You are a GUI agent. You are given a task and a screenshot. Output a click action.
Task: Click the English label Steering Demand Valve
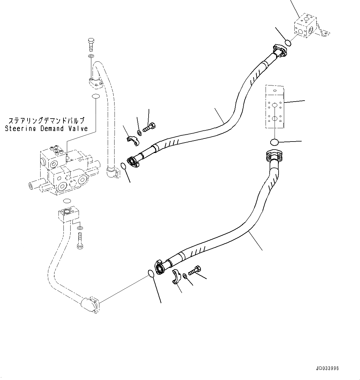pos(46,129)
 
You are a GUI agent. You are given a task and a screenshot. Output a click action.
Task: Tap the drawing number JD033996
pos(327,369)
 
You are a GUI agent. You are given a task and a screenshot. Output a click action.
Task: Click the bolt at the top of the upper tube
pos(91,45)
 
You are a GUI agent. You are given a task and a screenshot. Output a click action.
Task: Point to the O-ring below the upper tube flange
pos(96,96)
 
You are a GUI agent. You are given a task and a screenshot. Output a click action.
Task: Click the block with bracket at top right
pos(305,27)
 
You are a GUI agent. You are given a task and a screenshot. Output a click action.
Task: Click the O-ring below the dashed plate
pos(274,142)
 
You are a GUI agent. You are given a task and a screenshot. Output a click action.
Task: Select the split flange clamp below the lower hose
pos(176,277)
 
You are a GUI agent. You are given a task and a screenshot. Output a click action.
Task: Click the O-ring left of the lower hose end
pos(151,274)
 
